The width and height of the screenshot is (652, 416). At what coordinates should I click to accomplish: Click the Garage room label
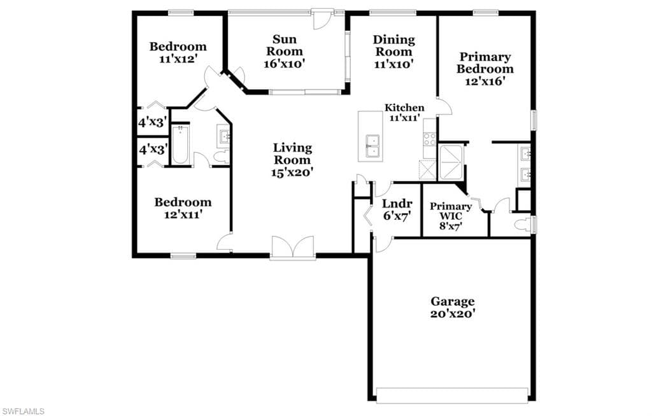click(x=453, y=301)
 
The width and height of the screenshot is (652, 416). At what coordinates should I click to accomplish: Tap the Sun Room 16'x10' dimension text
click(x=285, y=64)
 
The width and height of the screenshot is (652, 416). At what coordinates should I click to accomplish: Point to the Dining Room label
click(x=393, y=46)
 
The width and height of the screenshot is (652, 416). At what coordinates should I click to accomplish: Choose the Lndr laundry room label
click(x=397, y=204)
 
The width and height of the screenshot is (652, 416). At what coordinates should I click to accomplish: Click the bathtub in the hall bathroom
click(x=180, y=145)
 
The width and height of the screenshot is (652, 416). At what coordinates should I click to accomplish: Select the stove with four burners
click(x=430, y=140)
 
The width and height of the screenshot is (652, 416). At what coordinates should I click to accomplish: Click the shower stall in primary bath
click(x=451, y=162)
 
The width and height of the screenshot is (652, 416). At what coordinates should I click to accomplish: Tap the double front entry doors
click(x=292, y=248)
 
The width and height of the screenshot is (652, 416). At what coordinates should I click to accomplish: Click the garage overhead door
click(x=453, y=395)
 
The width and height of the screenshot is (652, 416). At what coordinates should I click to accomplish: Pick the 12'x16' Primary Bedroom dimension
click(x=485, y=82)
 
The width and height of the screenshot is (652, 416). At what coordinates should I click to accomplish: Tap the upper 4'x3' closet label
click(x=153, y=122)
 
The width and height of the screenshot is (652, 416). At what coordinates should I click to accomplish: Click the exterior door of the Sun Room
click(x=322, y=20)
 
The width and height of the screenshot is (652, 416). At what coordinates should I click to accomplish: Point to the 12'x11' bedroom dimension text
click(x=183, y=215)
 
